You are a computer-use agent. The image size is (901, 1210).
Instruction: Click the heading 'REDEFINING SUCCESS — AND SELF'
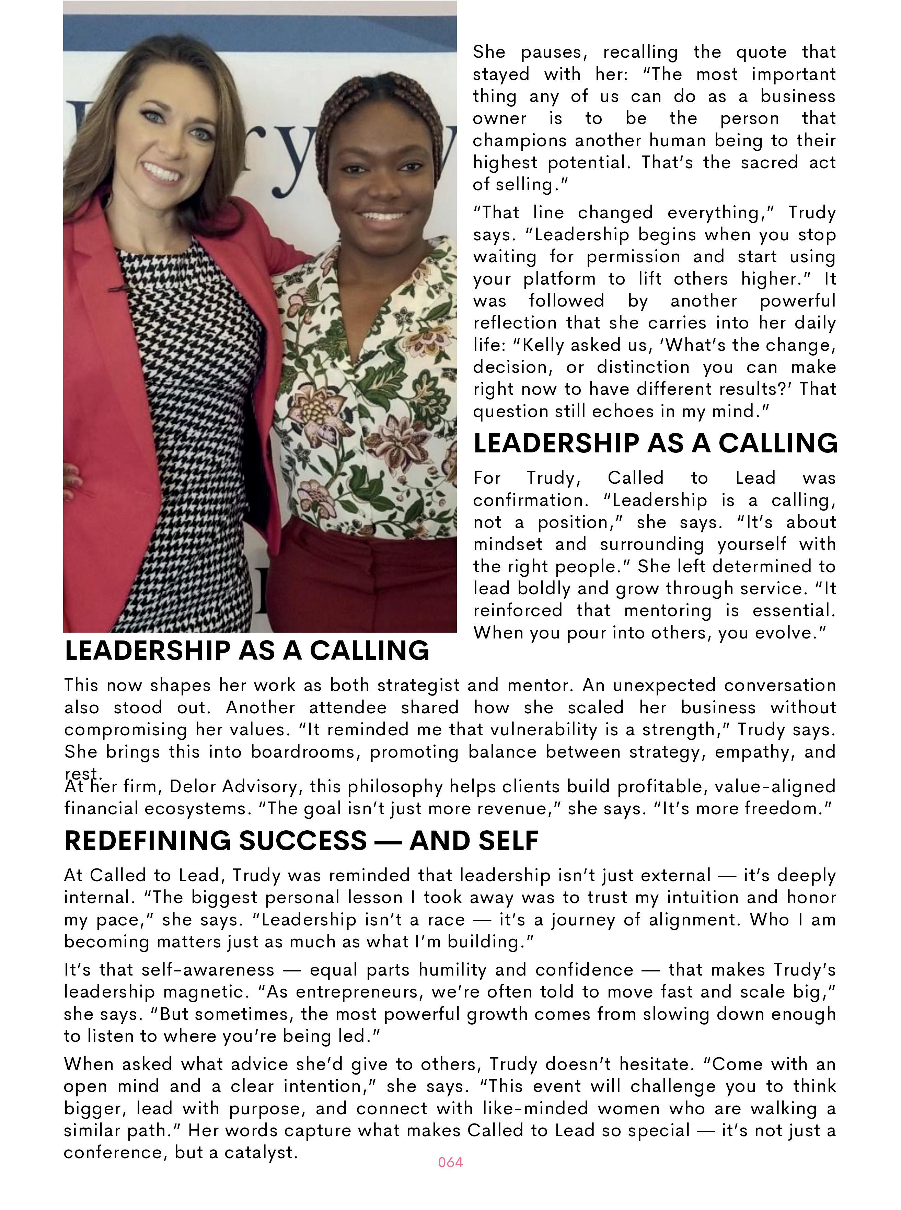coord(301,840)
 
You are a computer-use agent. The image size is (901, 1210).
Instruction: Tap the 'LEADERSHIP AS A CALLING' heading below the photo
coord(246,650)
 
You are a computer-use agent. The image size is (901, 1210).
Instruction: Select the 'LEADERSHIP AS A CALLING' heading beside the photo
coord(655,443)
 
